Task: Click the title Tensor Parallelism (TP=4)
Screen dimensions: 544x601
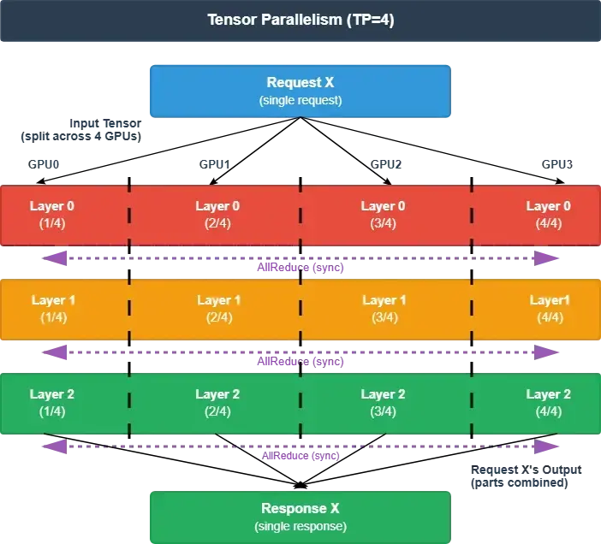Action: pyautogui.click(x=300, y=20)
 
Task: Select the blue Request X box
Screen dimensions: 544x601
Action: pyautogui.click(x=300, y=91)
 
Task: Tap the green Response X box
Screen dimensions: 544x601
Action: pyautogui.click(x=300, y=517)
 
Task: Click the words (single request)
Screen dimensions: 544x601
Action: pyautogui.click(x=300, y=100)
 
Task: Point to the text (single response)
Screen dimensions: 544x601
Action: pyautogui.click(x=300, y=526)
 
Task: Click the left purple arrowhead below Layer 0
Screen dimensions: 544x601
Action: pyautogui.click(x=53, y=257)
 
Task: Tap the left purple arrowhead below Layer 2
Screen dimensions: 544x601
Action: pyautogui.click(x=53, y=445)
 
